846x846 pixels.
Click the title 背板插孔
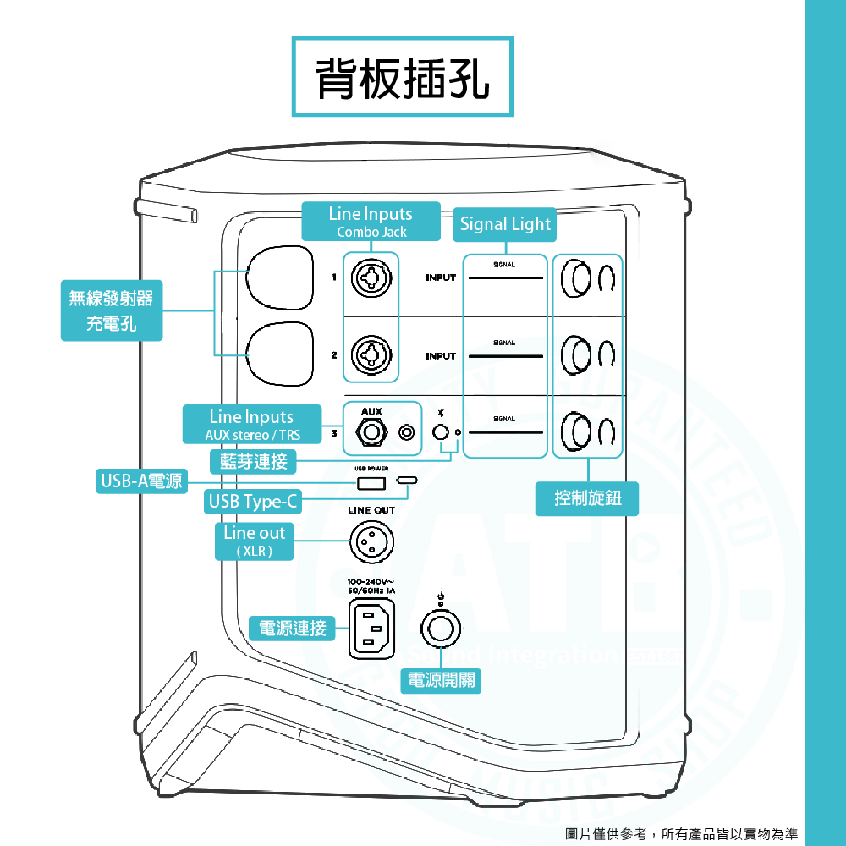coord(403,77)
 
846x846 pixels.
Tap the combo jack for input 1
coord(370,277)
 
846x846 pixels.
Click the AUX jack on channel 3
coord(371,433)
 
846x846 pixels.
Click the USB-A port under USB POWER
coord(371,483)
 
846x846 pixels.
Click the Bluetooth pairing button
coord(439,433)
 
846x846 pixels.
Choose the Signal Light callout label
coord(505,224)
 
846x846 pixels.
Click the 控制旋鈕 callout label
coord(588,498)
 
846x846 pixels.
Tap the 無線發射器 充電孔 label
coord(111,310)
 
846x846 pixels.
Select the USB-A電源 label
coord(141,481)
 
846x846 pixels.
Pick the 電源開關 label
coord(441,679)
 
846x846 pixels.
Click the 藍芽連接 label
coord(253,461)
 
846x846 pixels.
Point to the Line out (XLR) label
coord(254,541)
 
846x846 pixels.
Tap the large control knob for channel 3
coord(575,433)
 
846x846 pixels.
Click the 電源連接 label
coord(292,629)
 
